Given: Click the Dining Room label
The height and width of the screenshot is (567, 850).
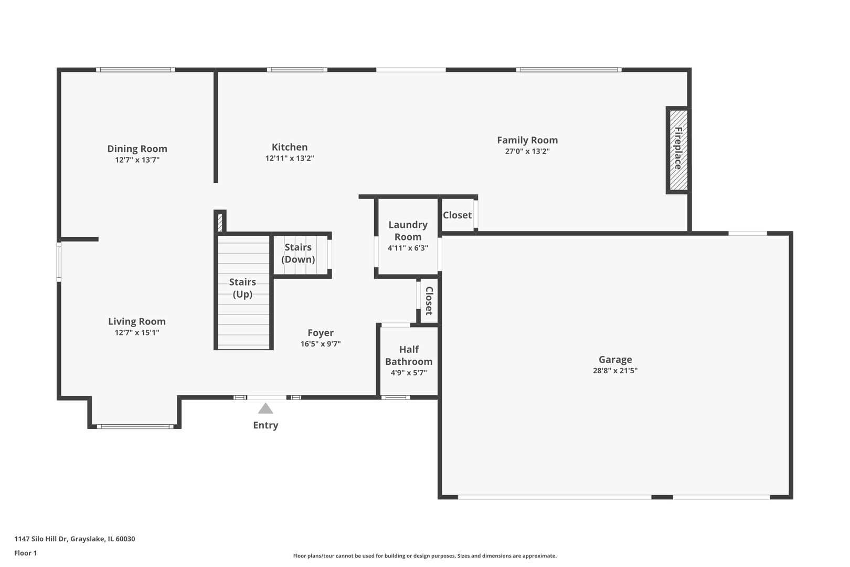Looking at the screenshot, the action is click(x=137, y=149).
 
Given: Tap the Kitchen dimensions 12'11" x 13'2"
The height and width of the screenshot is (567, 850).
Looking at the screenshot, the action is click(x=290, y=158).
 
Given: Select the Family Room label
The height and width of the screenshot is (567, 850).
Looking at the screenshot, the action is click(x=527, y=140).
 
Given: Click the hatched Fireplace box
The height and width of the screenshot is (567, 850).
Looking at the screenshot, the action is click(x=678, y=150).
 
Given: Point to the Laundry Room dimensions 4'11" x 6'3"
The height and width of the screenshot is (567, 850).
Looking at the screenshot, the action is click(x=408, y=248).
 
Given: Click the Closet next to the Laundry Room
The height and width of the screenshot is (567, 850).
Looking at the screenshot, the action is click(x=457, y=215).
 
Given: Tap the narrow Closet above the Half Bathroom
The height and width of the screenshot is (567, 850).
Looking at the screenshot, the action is click(x=429, y=301).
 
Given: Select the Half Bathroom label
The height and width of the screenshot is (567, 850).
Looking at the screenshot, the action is click(x=409, y=355).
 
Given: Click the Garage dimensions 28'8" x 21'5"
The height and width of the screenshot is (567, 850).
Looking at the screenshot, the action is click(x=615, y=371).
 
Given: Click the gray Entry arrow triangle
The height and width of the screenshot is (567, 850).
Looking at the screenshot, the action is click(x=265, y=409).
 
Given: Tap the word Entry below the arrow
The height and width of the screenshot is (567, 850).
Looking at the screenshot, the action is click(x=265, y=425).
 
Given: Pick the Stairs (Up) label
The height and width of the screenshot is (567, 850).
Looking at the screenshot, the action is click(x=242, y=288).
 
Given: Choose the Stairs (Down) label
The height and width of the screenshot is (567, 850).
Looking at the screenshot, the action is click(x=298, y=253).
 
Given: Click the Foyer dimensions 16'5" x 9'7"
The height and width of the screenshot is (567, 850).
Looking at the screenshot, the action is click(x=321, y=344).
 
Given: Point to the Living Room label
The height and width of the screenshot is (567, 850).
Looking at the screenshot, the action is click(x=137, y=321).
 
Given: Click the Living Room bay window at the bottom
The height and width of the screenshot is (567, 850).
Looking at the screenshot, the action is click(x=135, y=426).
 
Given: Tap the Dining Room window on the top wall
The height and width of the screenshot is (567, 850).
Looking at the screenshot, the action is click(x=135, y=70).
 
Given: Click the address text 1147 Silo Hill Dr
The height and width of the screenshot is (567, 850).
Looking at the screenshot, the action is click(x=40, y=539).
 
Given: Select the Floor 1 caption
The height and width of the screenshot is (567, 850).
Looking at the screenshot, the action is click(x=25, y=553).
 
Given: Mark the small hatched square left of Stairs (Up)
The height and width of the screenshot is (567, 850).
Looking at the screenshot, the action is click(x=220, y=223).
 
